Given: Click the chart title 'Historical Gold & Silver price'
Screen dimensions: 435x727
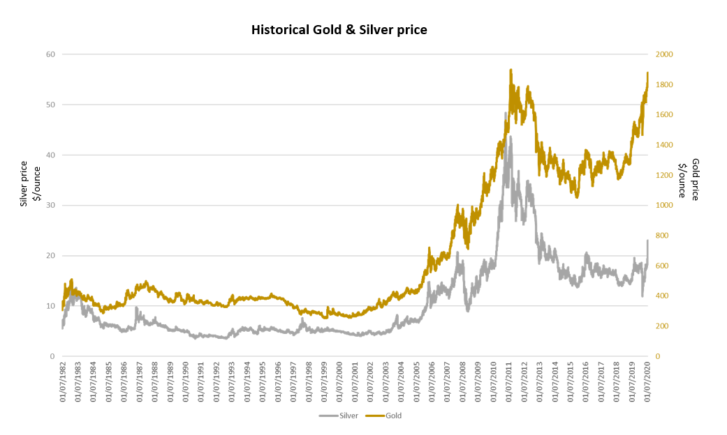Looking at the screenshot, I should (x=339, y=30).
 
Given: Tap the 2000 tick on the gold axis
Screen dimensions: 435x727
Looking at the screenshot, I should (x=665, y=54).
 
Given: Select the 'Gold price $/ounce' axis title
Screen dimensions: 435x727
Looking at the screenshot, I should (x=689, y=180).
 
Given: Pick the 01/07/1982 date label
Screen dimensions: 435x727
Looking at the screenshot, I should (x=64, y=382).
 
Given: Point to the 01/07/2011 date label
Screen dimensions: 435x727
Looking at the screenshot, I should (x=510, y=382).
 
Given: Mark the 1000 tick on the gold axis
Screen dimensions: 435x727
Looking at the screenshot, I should (x=665, y=206).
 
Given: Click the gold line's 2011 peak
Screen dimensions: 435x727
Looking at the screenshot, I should (x=511, y=70).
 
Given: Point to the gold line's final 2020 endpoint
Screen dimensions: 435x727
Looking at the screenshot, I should (x=648, y=72).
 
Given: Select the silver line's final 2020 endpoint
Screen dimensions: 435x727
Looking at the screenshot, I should (x=648, y=241).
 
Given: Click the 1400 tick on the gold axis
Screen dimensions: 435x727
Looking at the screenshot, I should (x=665, y=145).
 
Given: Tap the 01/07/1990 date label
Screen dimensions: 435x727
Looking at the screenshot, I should (x=186, y=382).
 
